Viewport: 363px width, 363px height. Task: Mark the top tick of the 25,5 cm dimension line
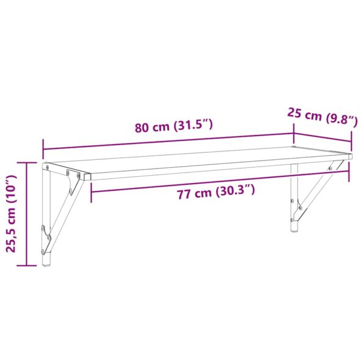[27, 163]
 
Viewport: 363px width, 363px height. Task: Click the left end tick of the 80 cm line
[43, 148]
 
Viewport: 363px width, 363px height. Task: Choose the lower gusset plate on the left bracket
[46, 235]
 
